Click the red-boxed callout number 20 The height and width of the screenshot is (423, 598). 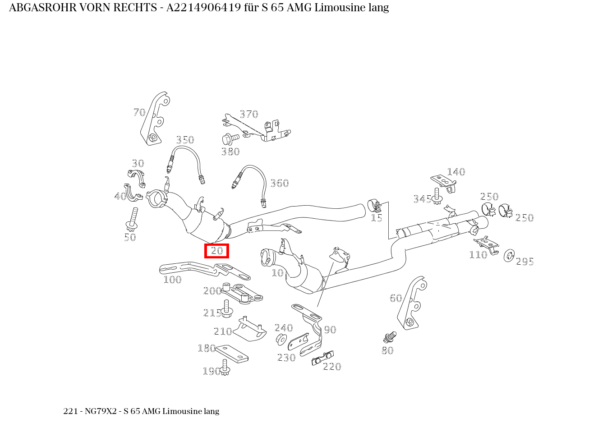(x=217, y=251)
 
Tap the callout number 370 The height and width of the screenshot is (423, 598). (x=249, y=114)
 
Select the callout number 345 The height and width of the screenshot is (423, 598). (x=422, y=199)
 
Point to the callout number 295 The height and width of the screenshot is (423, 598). (x=524, y=262)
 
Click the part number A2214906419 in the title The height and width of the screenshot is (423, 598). (x=204, y=8)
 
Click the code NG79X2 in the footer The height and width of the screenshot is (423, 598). (x=101, y=411)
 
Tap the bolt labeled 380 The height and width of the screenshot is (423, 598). (x=230, y=139)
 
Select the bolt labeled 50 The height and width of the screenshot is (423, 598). (x=132, y=219)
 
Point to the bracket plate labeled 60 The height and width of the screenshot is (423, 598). (x=411, y=303)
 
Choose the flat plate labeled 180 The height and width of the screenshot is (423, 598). (x=232, y=354)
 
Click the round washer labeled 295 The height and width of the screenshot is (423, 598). (x=509, y=256)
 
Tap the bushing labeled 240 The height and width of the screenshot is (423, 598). (x=281, y=339)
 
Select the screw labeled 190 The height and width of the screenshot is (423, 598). (x=225, y=368)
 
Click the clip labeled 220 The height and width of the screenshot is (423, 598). (x=322, y=358)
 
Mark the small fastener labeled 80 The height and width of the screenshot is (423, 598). (x=390, y=338)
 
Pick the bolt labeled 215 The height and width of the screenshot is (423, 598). (x=227, y=308)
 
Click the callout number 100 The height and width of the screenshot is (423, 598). (x=172, y=280)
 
